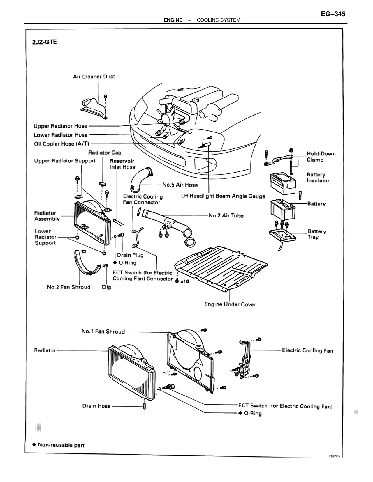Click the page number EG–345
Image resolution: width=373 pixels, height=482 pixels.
pos(333,14)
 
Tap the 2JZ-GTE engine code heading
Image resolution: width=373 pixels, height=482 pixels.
pos(45,42)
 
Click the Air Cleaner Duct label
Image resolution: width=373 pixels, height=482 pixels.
pos(94,77)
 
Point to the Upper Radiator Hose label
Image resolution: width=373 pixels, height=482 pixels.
pos(60,126)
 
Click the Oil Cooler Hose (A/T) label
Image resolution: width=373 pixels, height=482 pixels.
pos(62,144)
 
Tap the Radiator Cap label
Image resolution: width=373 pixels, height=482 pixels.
pos(105,153)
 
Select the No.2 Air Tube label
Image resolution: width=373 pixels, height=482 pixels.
pos(226,215)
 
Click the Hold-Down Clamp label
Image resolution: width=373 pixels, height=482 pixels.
pos(321,157)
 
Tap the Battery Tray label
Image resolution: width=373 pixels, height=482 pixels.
pos(316,234)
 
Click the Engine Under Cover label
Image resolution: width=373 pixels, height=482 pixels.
pos(230,304)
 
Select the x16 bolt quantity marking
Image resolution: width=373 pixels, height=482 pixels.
pos(185,281)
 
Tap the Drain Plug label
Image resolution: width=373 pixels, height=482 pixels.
pos(130,255)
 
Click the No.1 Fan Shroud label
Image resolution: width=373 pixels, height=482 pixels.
pos(103,332)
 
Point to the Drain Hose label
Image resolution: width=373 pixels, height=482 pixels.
pos(96,406)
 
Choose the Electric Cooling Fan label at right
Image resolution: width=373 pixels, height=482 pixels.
pos(307,350)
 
